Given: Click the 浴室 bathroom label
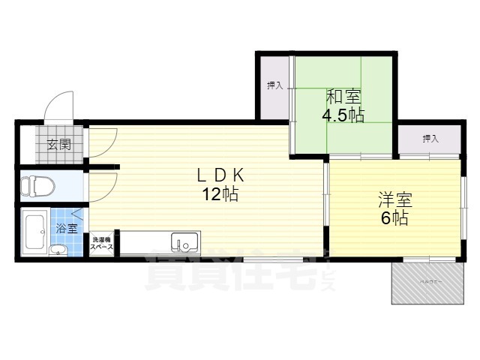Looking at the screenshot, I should coord(67,228).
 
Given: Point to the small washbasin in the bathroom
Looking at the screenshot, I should coord(56,250).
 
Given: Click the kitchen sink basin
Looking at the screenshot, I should coord(184,243).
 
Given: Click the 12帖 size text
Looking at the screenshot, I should coord(220,195).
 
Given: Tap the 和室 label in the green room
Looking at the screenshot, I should coord(343,97).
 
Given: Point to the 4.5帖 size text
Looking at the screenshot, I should coord(343,115).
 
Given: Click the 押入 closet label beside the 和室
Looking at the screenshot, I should coord(274,85).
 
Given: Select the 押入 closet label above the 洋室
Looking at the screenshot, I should coord(429,139).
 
